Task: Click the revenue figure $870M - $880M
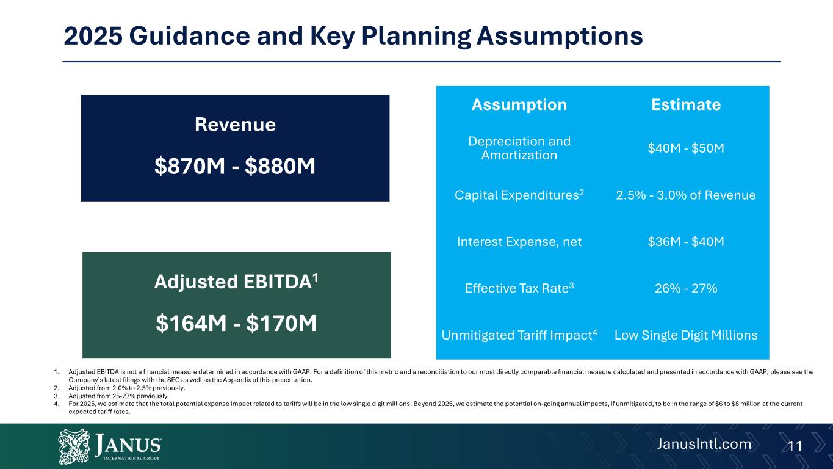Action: click(x=235, y=165)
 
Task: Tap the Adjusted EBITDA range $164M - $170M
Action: click(x=236, y=324)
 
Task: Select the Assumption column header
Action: click(x=519, y=104)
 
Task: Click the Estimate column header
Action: click(x=686, y=104)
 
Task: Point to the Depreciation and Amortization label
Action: click(x=519, y=148)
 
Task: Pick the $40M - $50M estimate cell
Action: click(x=686, y=148)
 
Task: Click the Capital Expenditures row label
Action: click(x=519, y=195)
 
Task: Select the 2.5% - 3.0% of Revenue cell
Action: click(x=686, y=195)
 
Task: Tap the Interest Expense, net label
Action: click(x=519, y=242)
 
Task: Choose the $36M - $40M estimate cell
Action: click(x=686, y=242)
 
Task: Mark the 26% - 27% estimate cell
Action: click(x=686, y=288)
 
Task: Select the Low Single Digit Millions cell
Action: click(x=686, y=335)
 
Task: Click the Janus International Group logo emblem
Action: click(x=74, y=446)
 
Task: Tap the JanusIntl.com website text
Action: click(x=703, y=444)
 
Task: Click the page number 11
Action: click(x=794, y=446)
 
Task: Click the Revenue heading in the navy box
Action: click(x=235, y=125)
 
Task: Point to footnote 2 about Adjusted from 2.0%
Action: click(x=127, y=388)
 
